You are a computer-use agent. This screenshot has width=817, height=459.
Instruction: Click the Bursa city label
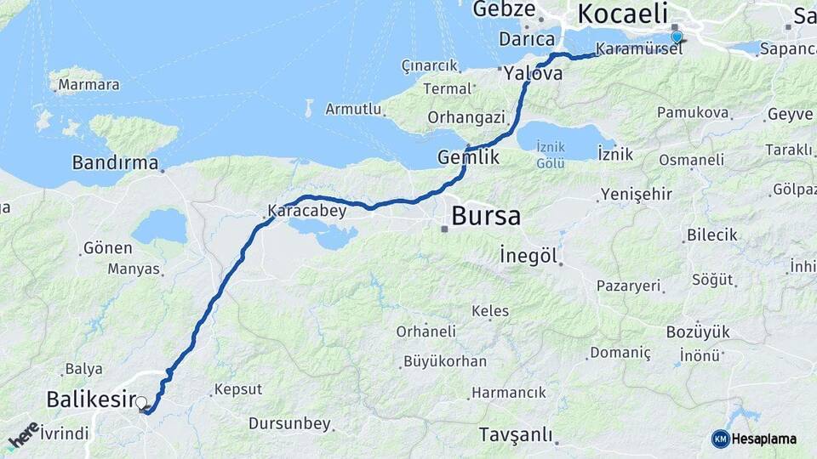point(486,216)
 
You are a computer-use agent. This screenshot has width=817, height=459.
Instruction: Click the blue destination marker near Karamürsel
point(677,37)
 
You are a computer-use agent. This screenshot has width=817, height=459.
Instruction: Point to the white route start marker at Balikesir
point(141,402)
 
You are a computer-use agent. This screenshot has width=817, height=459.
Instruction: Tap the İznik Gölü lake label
point(551,154)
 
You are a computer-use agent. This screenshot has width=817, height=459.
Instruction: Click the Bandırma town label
point(115,161)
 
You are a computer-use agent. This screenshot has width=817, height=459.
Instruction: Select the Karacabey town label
point(307,211)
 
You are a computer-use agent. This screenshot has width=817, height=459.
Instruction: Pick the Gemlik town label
point(468,157)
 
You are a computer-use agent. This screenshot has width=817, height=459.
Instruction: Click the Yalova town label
point(533,74)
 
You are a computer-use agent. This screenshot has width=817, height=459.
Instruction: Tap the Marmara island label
point(89,85)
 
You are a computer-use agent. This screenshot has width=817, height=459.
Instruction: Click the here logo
point(24,436)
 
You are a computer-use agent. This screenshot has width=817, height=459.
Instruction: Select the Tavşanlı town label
point(515,433)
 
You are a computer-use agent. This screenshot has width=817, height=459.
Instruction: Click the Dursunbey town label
point(289,422)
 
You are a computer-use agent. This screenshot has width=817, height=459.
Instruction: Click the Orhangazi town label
point(466,117)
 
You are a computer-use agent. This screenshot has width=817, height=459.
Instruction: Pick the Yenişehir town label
point(637,195)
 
